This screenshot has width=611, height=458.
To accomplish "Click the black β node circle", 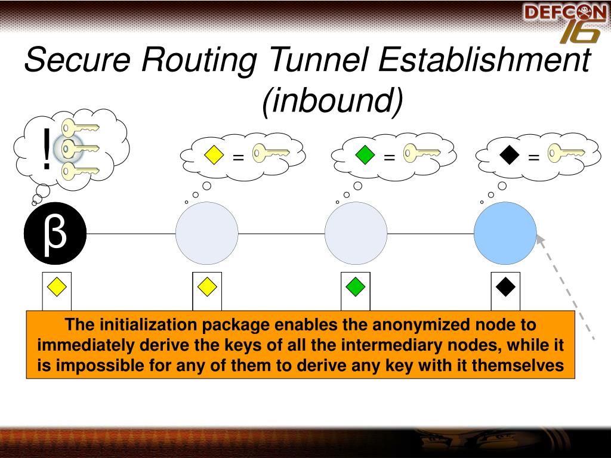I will tap(55, 234).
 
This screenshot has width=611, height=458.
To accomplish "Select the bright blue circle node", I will tap(505, 233).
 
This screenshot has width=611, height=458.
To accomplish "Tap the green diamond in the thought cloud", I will tap(365, 155).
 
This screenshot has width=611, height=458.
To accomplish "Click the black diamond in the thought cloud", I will tap(509, 155).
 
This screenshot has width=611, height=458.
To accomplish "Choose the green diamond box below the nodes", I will tap(355, 287).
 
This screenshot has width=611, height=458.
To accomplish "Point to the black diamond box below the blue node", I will tap(505, 287).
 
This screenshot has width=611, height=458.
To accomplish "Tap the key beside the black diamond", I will tap(566, 153).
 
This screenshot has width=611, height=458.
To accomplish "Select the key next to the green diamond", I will tap(421, 153).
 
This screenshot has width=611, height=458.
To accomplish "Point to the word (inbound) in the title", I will tap(333, 100).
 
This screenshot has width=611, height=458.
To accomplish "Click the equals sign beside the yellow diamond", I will tap(238, 157).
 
